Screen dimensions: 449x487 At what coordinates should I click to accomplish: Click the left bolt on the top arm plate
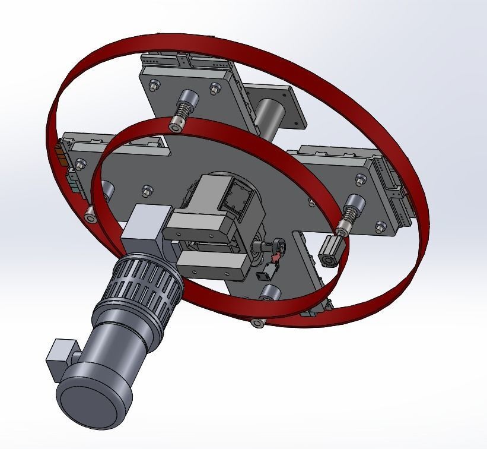click(x=154, y=86)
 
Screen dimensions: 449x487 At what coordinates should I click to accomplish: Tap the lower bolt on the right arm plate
click(x=380, y=226)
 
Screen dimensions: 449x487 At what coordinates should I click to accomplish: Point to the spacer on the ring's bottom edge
click(x=257, y=322)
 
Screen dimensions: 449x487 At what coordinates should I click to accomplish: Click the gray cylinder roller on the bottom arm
click(x=270, y=292)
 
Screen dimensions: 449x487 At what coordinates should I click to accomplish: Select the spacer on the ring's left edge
click(x=90, y=217)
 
